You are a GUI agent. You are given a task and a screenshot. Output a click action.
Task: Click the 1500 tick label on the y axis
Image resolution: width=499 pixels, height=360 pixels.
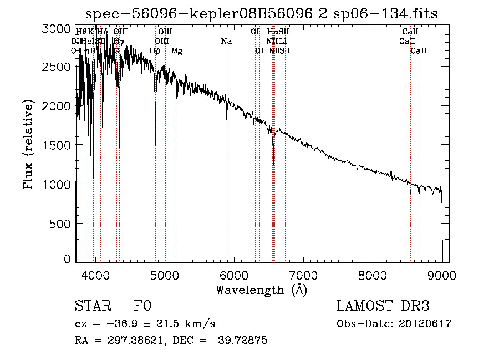click(x=57, y=145)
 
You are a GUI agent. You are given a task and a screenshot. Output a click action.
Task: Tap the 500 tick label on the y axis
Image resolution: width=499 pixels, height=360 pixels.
click(x=60, y=223)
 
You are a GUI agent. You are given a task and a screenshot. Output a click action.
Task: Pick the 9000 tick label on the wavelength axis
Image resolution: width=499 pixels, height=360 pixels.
click(x=442, y=275)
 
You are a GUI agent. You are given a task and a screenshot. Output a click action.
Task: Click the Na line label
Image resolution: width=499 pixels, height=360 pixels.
click(x=226, y=42)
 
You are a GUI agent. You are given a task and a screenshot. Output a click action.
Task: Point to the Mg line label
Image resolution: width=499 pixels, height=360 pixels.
click(x=177, y=51)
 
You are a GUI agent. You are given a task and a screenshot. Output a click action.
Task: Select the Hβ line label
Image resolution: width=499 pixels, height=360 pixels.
click(x=155, y=51)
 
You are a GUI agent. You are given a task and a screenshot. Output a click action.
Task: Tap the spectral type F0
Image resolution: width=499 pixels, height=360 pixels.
click(x=142, y=307)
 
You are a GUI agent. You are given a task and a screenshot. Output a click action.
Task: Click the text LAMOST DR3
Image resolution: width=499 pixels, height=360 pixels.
click(x=383, y=307)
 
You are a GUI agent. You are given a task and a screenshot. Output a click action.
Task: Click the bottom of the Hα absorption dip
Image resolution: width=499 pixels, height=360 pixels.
click(x=273, y=165)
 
